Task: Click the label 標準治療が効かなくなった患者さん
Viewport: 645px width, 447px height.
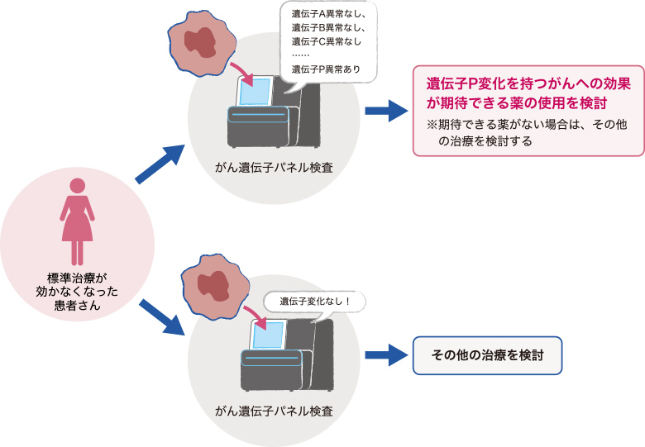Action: coord(77,292)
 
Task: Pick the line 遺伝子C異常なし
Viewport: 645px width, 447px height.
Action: coord(326,41)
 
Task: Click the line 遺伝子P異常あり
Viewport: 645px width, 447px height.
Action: coord(326,69)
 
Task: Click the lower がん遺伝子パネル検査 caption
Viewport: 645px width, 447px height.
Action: coord(274,411)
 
